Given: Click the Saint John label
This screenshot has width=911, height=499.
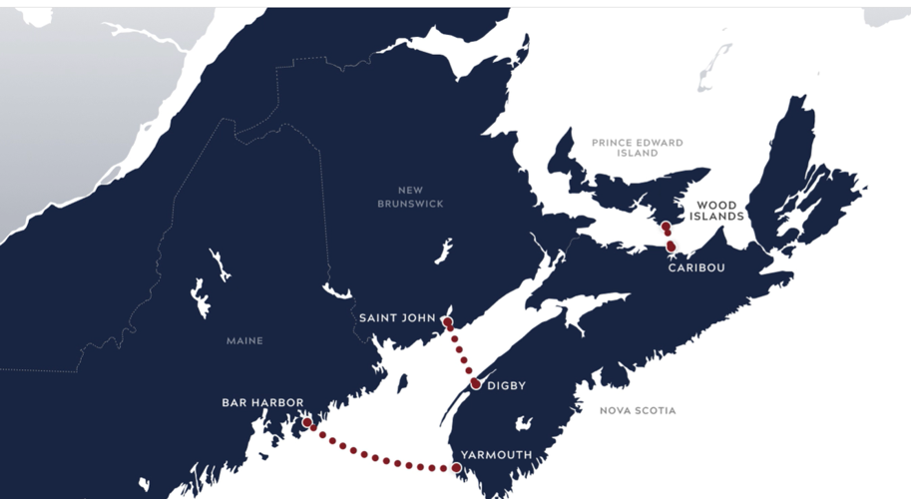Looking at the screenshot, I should [397, 318].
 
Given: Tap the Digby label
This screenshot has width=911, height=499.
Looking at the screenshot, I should [507, 385].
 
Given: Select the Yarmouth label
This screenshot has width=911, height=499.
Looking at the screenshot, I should [496, 455].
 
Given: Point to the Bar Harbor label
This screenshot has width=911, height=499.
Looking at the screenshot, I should [262, 403].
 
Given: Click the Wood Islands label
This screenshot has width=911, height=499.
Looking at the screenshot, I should [717, 211].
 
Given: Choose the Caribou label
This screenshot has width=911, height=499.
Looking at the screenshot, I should [696, 268].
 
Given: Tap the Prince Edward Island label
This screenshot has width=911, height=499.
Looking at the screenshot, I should [638, 148].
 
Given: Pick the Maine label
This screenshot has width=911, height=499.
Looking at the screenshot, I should [244, 341].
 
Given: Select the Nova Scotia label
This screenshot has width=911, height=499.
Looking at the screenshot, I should [638, 410].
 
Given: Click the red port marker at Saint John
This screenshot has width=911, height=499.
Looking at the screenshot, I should [447, 322].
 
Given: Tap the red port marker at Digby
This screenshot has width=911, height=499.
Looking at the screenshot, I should [476, 384].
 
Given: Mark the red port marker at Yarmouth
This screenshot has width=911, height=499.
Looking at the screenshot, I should [456, 467].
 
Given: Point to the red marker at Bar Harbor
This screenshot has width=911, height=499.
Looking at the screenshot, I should [307, 423].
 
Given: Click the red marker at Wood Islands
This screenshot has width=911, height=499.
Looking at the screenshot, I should [665, 227].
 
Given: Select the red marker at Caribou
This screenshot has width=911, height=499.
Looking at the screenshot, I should [672, 246].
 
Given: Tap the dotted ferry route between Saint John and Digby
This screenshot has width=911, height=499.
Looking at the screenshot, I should [461, 353].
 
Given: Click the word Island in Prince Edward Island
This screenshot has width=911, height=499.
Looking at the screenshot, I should [638, 154].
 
